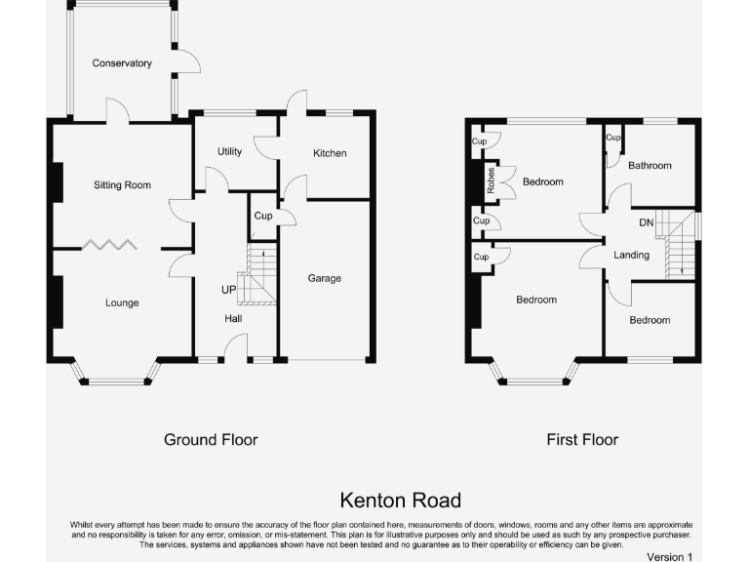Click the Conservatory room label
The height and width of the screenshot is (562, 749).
(x=122, y=63)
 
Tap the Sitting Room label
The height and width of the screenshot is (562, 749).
(x=122, y=184)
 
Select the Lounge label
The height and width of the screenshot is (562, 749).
(x=122, y=302)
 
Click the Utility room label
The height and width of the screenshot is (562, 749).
(x=229, y=151)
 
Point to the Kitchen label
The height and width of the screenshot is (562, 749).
(x=330, y=153)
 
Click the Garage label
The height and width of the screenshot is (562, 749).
(x=325, y=278)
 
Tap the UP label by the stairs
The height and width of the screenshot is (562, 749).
(x=228, y=290)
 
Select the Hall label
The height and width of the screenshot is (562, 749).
(x=233, y=319)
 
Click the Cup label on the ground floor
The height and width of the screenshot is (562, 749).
(x=262, y=216)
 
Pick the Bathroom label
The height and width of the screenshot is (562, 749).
(x=650, y=165)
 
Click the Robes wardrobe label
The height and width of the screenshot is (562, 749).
(x=492, y=181)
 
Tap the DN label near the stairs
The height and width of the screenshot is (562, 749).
(x=646, y=223)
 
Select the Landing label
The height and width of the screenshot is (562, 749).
(x=631, y=255)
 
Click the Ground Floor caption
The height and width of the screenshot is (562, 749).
(x=211, y=440)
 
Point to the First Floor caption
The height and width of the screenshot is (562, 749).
(x=582, y=440)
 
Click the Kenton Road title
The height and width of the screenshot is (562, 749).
(x=400, y=501)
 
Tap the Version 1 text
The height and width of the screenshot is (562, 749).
(x=669, y=556)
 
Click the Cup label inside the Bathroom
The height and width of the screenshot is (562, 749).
(x=612, y=139)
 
